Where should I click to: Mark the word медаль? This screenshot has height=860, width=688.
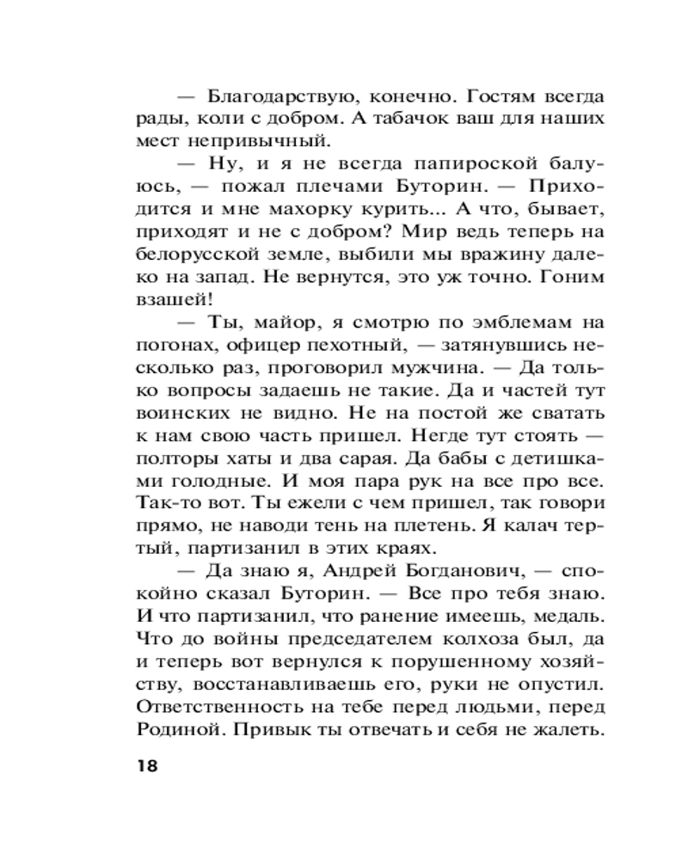click(569, 614)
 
